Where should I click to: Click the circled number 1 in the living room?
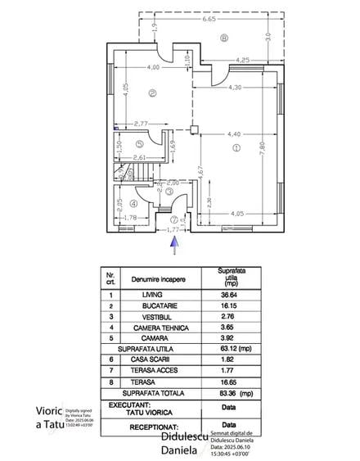click(x=236, y=147)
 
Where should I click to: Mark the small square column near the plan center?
click(x=193, y=129)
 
